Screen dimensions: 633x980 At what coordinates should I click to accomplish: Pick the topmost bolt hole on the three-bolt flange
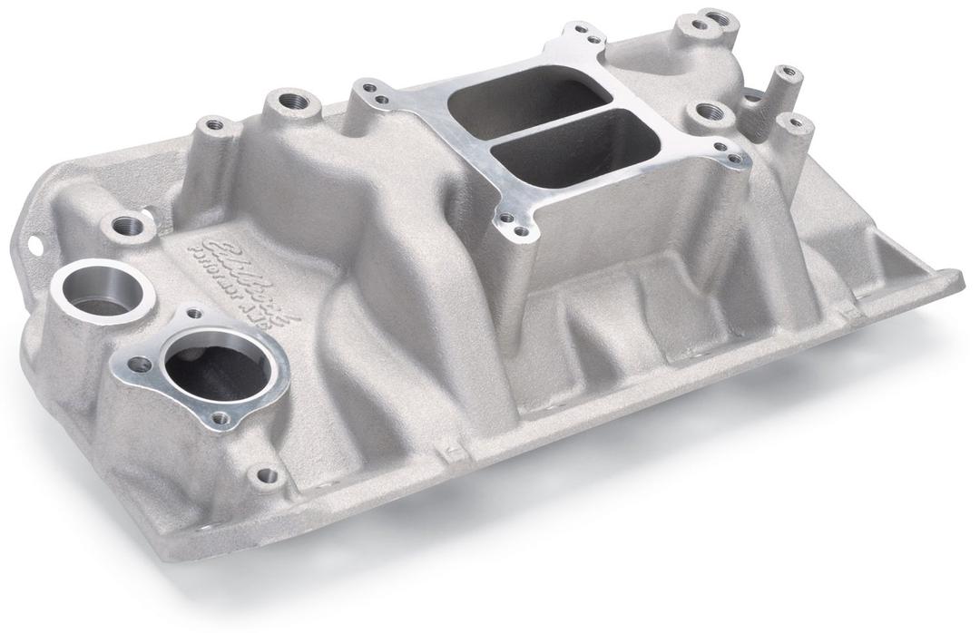click(x=194, y=316)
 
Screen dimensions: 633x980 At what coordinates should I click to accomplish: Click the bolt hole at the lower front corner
click(x=266, y=474)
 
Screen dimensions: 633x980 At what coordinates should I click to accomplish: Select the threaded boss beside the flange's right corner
click(x=708, y=113)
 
